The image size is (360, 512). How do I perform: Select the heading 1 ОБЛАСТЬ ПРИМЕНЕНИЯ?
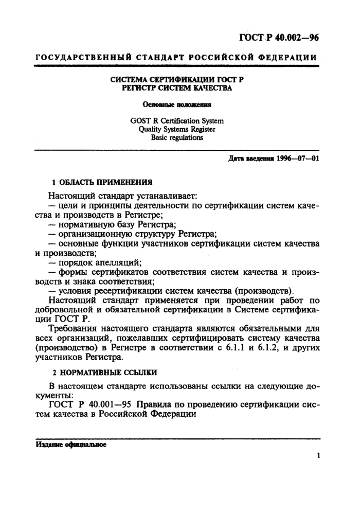103,182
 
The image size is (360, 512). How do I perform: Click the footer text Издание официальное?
71,444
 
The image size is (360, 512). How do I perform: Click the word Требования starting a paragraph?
73,328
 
